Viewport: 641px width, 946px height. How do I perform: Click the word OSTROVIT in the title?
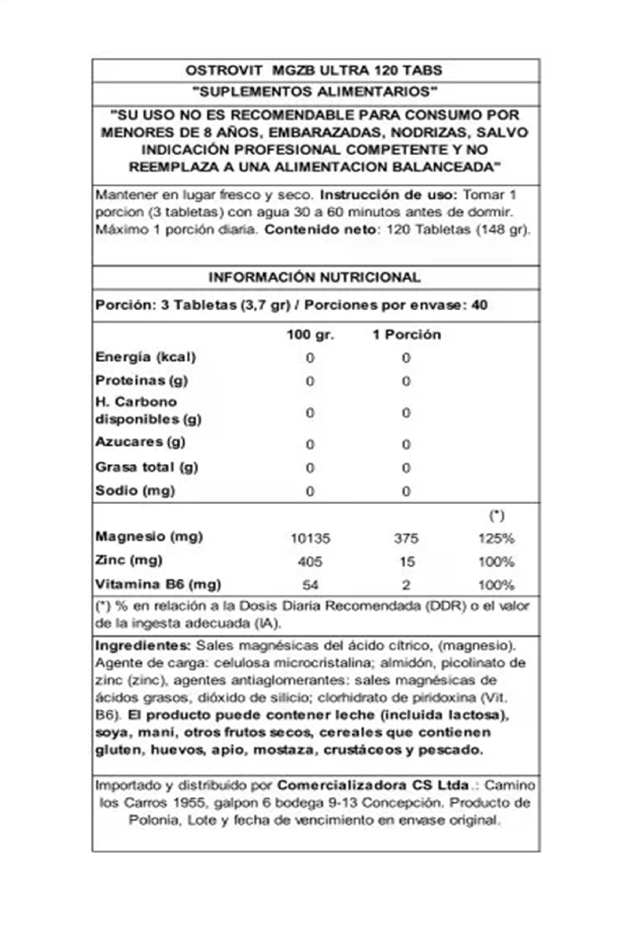pyautogui.click(x=224, y=71)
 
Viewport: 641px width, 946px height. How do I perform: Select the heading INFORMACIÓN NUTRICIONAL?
pyautogui.click(x=314, y=278)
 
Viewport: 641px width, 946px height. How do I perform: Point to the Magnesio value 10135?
pyautogui.click(x=310, y=538)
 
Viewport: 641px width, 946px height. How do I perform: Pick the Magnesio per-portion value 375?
pyautogui.click(x=406, y=538)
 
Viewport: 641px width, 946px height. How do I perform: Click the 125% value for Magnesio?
pyautogui.click(x=496, y=538)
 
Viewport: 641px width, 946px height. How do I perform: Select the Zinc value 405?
pyautogui.click(x=310, y=562)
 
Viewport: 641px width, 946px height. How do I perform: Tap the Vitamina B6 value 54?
pyautogui.click(x=310, y=585)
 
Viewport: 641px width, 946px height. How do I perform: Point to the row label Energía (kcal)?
pyautogui.click(x=145, y=357)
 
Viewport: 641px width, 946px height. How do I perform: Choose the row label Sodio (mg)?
pyautogui.click(x=135, y=490)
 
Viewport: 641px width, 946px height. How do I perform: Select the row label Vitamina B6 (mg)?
pyautogui.click(x=158, y=585)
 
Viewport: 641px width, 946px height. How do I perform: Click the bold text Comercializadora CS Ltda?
pyautogui.click(x=372, y=785)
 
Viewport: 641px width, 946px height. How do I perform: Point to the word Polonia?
pyautogui.click(x=154, y=820)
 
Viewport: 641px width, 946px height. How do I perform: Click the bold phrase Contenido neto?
pyautogui.click(x=320, y=229)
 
